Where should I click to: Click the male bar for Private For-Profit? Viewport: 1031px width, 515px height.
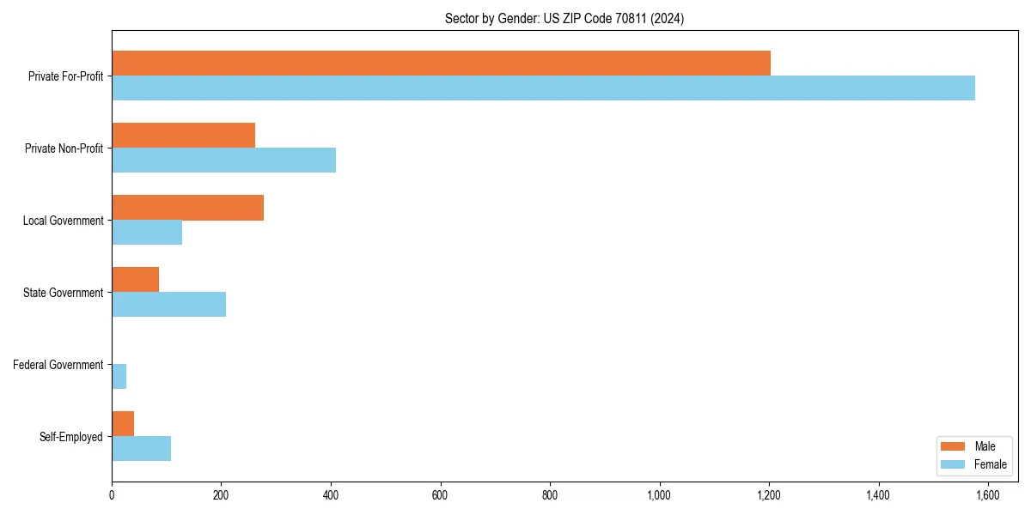tap(441, 64)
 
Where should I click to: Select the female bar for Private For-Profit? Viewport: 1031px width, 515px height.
tap(543, 88)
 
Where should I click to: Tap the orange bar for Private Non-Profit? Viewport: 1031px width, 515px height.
tap(183, 136)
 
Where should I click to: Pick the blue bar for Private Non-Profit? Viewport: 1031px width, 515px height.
tap(223, 160)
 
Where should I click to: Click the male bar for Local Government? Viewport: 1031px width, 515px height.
tap(187, 208)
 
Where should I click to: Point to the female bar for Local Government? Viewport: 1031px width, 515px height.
tap(147, 232)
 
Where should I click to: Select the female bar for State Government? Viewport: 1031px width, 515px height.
tap(168, 304)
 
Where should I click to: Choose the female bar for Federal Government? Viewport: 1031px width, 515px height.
tap(119, 376)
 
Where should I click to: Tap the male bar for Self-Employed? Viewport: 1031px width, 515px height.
tap(123, 424)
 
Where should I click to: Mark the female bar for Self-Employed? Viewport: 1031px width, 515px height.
tap(141, 448)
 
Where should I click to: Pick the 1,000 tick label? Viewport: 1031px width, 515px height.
tap(659, 495)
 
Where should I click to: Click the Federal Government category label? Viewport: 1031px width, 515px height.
tap(58, 365)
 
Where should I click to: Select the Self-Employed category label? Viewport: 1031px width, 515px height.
tap(71, 437)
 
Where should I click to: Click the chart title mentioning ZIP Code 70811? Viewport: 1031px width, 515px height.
tap(564, 18)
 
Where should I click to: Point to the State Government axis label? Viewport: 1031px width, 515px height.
tap(64, 293)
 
